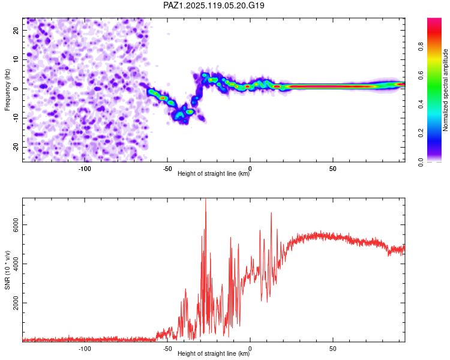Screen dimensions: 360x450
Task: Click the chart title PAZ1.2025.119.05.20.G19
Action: tap(214, 5)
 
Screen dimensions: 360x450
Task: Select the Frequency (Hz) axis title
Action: tap(7, 90)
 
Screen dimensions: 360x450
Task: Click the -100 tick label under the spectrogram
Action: tap(85, 169)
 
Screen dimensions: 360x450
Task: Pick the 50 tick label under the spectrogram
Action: tap(332, 169)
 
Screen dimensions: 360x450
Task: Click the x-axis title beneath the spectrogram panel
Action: tap(214, 175)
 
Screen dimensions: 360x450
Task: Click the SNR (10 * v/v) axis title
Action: tap(7, 270)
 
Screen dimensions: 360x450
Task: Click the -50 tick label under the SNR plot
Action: tap(167, 349)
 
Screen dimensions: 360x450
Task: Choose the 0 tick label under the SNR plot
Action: tap(250, 349)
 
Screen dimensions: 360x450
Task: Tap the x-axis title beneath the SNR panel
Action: tap(214, 355)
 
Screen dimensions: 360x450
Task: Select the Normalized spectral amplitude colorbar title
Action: tap(446, 90)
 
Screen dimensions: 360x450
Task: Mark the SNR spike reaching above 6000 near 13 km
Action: tap(271, 214)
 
